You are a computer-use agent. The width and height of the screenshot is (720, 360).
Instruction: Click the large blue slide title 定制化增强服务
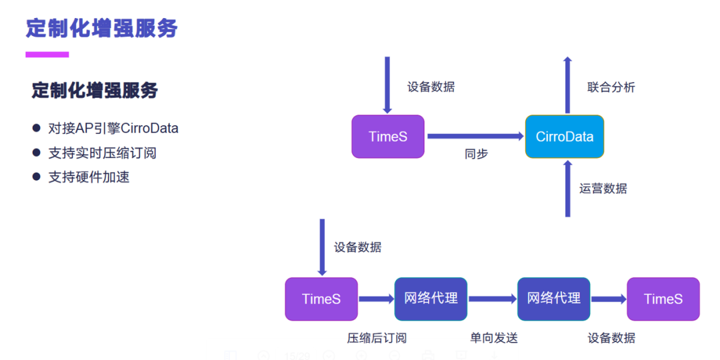[x=102, y=28]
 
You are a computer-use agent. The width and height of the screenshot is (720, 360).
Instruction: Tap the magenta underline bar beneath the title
[x=47, y=55]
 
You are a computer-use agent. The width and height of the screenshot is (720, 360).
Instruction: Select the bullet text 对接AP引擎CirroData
[x=113, y=128]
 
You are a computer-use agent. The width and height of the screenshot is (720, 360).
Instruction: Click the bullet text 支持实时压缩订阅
[x=102, y=153]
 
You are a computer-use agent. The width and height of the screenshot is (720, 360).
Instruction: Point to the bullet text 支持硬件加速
[x=89, y=177]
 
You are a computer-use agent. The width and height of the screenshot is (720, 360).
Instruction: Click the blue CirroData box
[x=564, y=137]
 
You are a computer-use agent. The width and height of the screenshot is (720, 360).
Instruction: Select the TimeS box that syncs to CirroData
[x=387, y=137]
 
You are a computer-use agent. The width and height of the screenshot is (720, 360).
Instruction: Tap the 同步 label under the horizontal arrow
[x=476, y=154]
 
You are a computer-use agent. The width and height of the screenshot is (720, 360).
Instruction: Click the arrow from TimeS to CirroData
[x=475, y=137]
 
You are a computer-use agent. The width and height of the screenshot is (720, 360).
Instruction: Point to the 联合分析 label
[x=611, y=87]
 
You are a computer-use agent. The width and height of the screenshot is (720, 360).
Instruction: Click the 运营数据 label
[x=603, y=189]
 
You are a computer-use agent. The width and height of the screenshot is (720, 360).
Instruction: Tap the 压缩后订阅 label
[x=376, y=338]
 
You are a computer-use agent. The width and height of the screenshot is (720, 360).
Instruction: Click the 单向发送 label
[x=493, y=338]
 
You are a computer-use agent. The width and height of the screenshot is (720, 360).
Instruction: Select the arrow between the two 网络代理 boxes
[x=492, y=299]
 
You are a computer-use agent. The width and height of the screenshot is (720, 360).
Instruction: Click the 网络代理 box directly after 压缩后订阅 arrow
[x=431, y=299]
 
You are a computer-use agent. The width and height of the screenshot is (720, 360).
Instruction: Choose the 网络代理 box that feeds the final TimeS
[x=553, y=299]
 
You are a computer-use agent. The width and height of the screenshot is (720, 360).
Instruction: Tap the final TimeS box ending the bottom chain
[x=663, y=299]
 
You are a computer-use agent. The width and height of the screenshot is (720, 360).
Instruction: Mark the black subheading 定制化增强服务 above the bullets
[x=95, y=90]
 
